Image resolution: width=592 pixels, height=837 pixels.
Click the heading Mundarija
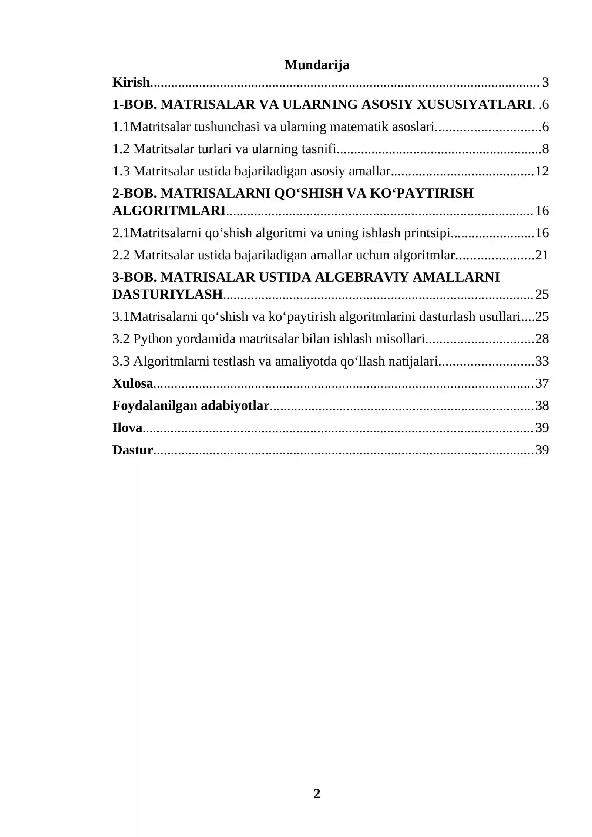click(317, 65)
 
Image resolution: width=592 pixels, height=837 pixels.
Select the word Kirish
click(131, 82)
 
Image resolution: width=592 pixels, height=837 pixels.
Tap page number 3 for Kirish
click(545, 82)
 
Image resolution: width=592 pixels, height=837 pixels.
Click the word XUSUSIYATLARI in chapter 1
click(474, 104)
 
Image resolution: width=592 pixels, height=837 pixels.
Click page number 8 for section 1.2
click(545, 149)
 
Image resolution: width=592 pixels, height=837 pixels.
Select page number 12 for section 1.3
click(542, 171)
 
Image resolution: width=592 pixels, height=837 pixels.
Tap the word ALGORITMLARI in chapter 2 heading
click(169, 211)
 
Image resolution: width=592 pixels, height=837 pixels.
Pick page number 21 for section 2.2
click(542, 255)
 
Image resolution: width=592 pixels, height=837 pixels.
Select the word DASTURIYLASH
click(167, 294)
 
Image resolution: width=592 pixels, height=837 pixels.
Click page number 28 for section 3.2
click(542, 339)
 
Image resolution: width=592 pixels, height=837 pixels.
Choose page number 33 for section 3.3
click(542, 361)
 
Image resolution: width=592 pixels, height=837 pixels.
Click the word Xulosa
click(132, 383)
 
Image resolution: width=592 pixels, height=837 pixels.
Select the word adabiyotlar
click(235, 406)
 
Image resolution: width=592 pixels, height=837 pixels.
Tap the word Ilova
click(127, 428)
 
